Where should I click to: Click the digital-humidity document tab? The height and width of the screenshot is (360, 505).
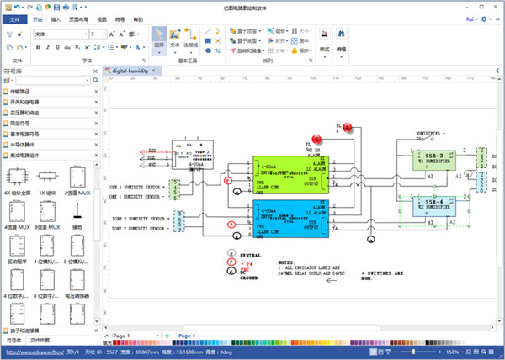(x=134, y=72)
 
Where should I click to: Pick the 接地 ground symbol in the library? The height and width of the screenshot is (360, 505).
(x=77, y=213)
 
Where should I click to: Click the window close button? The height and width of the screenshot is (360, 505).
(x=496, y=5)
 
